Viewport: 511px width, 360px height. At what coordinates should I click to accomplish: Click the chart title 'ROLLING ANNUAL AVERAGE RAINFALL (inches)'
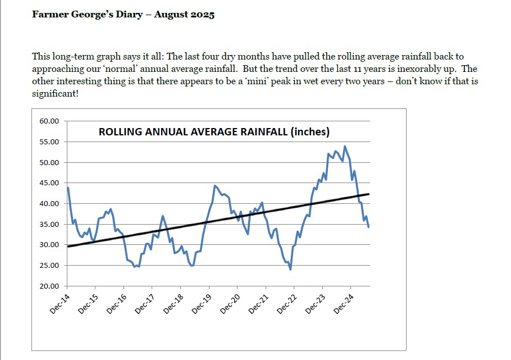pyautogui.click(x=214, y=132)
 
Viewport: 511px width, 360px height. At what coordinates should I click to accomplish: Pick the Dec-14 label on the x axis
pyautogui.click(x=60, y=303)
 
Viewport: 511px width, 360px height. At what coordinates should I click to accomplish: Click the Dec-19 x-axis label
pyautogui.click(x=202, y=303)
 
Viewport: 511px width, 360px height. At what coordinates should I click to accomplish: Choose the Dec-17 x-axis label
pyautogui.click(x=145, y=303)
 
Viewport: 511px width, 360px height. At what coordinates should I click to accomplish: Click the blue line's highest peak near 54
pyautogui.click(x=345, y=147)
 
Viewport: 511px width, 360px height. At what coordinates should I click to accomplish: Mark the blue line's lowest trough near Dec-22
pyautogui.click(x=290, y=269)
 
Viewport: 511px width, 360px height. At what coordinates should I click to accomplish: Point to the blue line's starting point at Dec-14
pyautogui.click(x=67, y=188)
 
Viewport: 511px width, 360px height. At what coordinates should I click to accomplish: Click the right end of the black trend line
pyautogui.click(x=368, y=194)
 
